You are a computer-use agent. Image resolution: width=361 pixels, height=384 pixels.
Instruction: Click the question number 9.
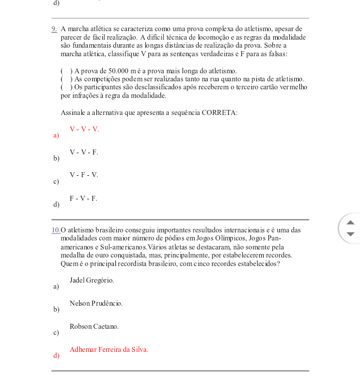[x=54, y=29]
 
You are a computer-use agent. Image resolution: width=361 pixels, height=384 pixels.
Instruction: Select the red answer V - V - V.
[x=84, y=130]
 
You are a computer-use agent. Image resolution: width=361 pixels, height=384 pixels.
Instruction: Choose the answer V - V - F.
[x=84, y=152]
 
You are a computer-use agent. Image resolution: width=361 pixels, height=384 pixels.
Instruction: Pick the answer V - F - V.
[x=84, y=175]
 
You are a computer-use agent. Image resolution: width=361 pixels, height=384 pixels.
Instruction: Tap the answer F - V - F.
[x=83, y=198]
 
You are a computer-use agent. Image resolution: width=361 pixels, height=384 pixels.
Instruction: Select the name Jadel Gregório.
[x=92, y=280]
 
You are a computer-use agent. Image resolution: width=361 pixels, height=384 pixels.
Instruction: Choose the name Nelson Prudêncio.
[x=96, y=303]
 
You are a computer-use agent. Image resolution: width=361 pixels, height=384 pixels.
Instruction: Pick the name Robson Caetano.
[x=94, y=326]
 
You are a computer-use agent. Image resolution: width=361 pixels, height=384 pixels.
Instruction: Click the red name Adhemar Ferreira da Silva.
[x=109, y=349]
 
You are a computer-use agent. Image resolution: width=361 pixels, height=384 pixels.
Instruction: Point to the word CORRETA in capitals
[x=219, y=112]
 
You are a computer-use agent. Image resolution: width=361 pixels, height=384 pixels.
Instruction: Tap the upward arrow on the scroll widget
[x=350, y=222]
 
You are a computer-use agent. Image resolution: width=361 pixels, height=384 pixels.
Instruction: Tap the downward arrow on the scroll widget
[x=350, y=234]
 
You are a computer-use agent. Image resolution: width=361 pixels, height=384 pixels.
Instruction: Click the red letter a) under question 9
[x=56, y=136]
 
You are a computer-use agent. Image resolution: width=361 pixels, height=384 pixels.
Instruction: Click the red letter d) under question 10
[x=56, y=356]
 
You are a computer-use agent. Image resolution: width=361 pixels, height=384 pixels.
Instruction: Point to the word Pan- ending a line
[x=274, y=238]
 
